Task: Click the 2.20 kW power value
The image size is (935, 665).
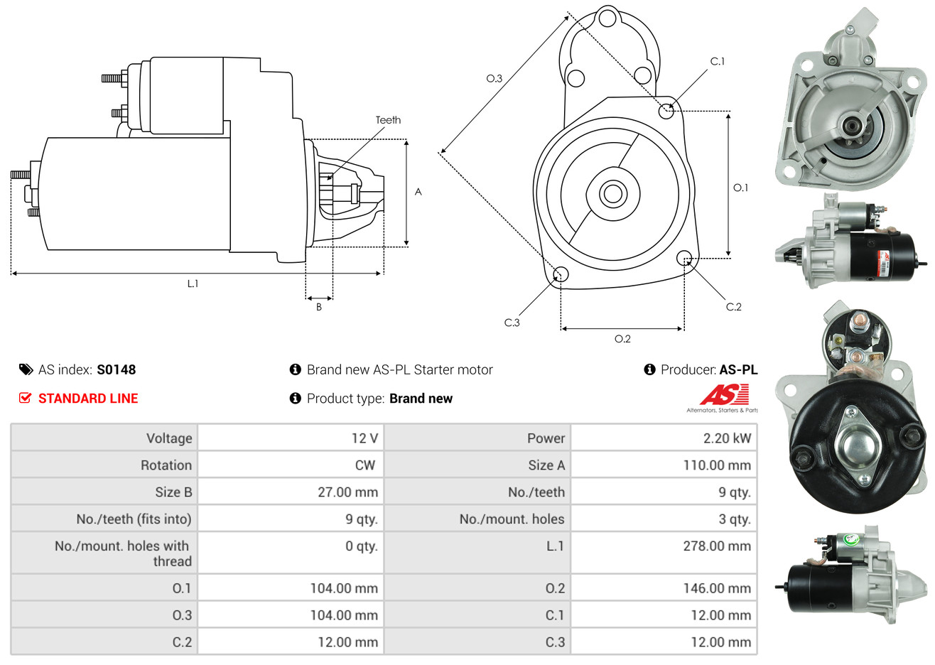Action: pyautogui.click(x=727, y=438)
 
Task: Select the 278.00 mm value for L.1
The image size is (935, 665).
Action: pyautogui.click(x=717, y=546)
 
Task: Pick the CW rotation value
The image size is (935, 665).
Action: pyautogui.click(x=364, y=465)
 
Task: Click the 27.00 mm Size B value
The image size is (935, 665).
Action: pyautogui.click(x=347, y=492)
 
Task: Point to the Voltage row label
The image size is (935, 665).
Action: pyautogui.click(x=169, y=438)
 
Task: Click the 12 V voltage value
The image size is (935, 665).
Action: pyautogui.click(x=364, y=438)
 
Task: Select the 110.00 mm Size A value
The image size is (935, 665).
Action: pyautogui.click(x=717, y=465)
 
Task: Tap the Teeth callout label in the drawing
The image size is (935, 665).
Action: pyautogui.click(x=388, y=120)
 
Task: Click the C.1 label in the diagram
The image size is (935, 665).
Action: pyautogui.click(x=718, y=62)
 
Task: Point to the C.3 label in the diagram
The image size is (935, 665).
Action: pyautogui.click(x=512, y=323)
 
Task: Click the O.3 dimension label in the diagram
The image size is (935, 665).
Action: pyautogui.click(x=494, y=79)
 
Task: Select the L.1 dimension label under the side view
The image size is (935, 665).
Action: pyautogui.click(x=193, y=283)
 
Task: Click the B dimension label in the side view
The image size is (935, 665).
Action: pyautogui.click(x=319, y=307)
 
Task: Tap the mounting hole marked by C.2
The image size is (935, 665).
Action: pyautogui.click(x=684, y=257)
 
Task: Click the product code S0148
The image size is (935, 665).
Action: pyautogui.click(x=117, y=369)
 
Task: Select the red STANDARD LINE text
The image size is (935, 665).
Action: pyautogui.click(x=88, y=399)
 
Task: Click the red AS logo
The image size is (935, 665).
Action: pyautogui.click(x=724, y=394)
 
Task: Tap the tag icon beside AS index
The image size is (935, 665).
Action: pyautogui.click(x=26, y=369)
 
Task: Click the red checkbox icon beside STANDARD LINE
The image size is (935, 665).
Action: pyautogui.click(x=26, y=398)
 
